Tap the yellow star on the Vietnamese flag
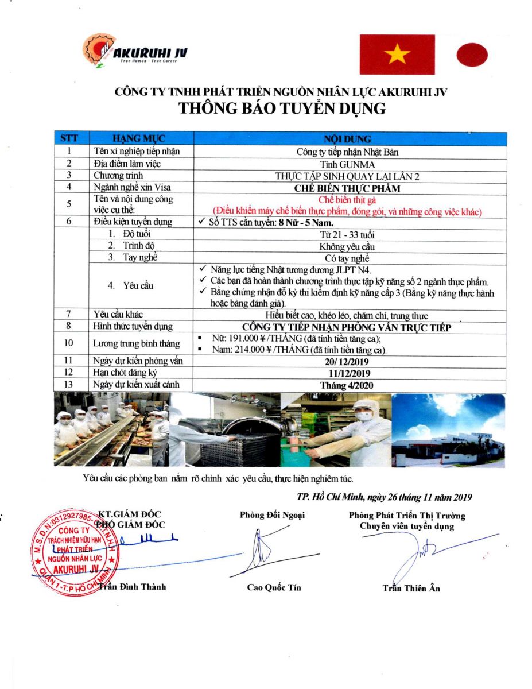(x=397, y=55)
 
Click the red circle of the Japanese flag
(x=472, y=55)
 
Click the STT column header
(x=69, y=139)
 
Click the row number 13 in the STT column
(x=69, y=385)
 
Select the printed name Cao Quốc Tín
(x=274, y=587)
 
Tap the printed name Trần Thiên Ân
(x=411, y=588)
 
